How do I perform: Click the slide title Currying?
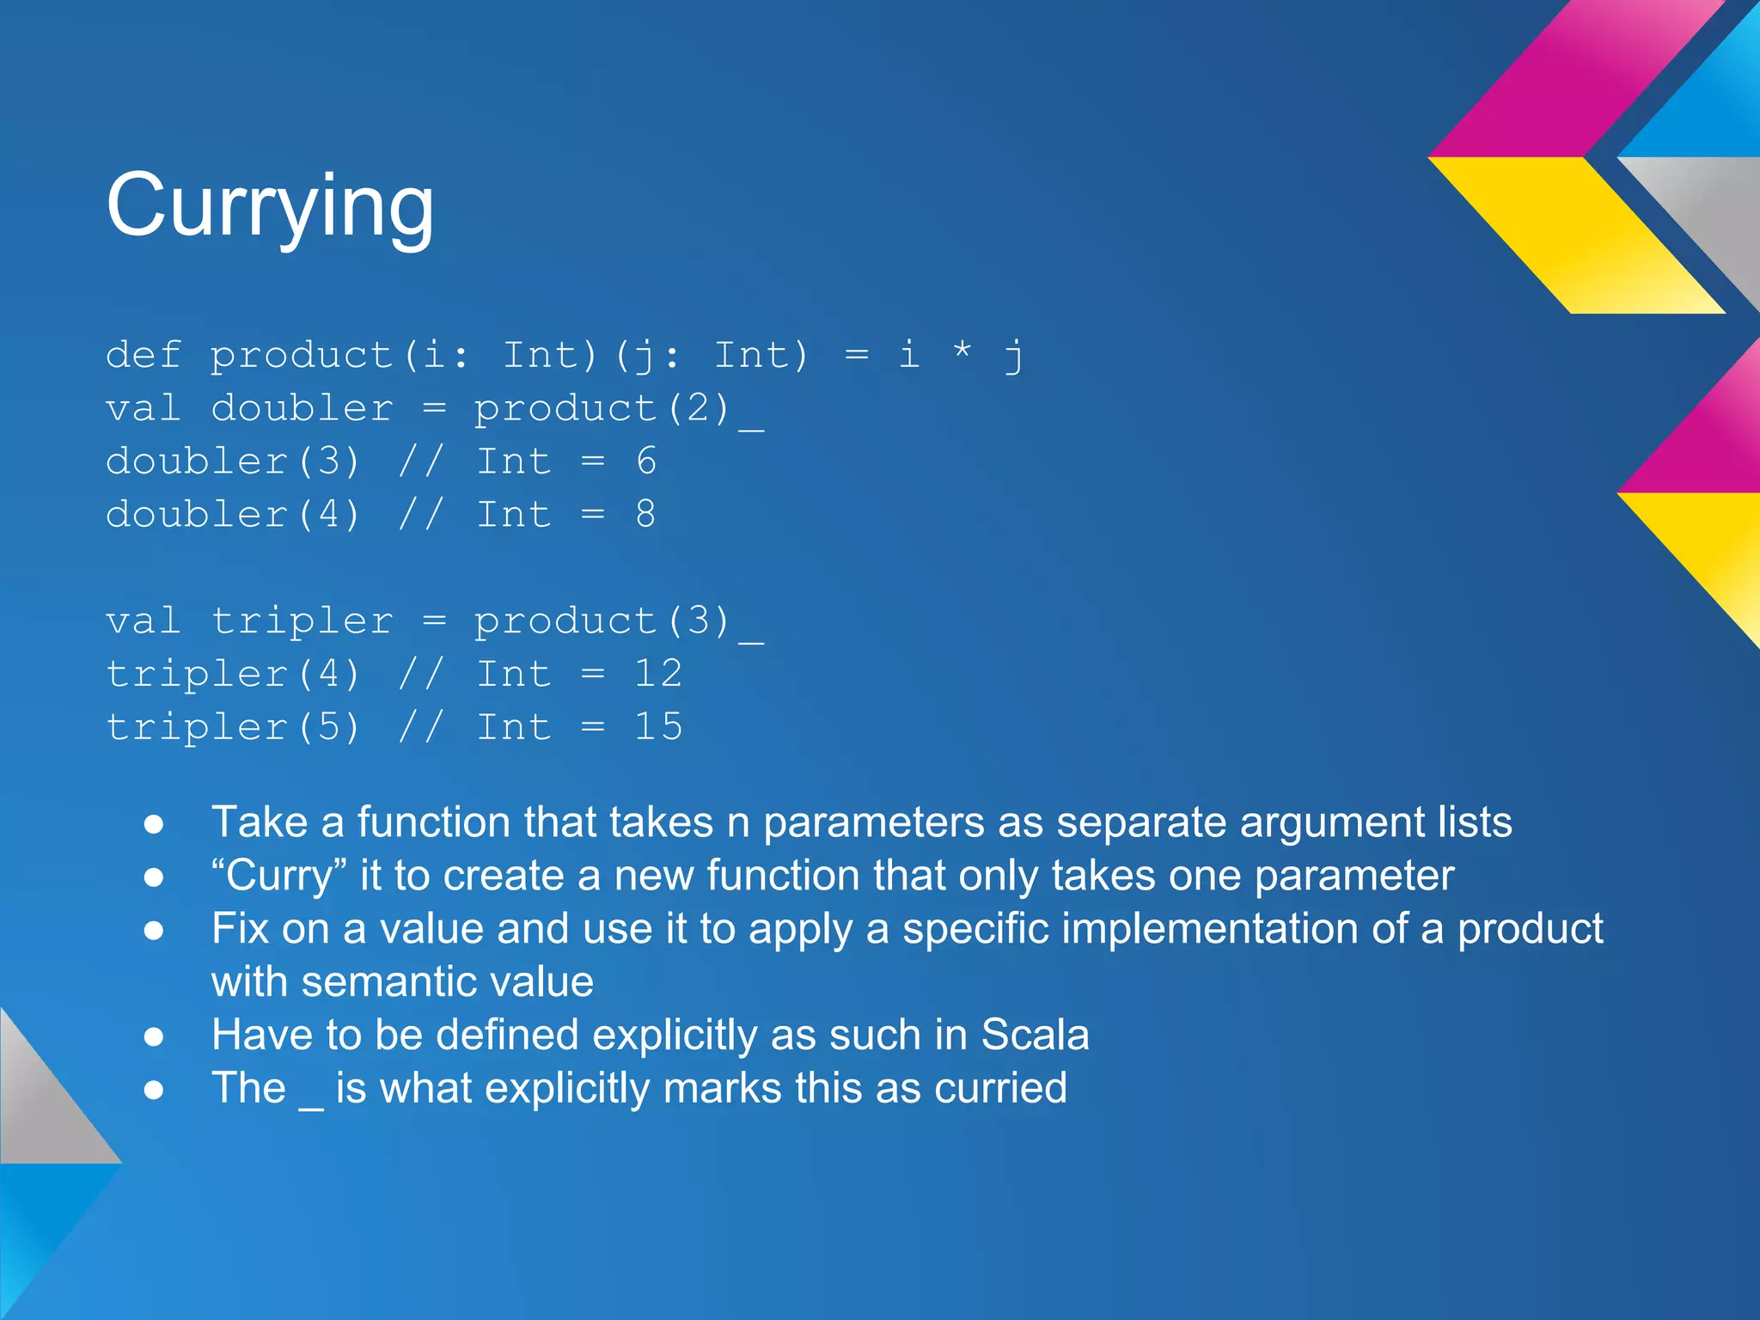[x=270, y=206]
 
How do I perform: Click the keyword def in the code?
[x=144, y=355]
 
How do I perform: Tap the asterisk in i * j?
[x=962, y=351]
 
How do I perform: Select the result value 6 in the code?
[x=646, y=461]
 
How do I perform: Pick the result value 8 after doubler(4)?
[x=646, y=515]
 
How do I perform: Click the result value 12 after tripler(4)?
[x=658, y=674]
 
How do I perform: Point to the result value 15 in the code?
[x=658, y=727]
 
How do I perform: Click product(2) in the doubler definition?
[x=602, y=408]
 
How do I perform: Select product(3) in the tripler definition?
[x=602, y=620]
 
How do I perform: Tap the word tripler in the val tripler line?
[x=302, y=620]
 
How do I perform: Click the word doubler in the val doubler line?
[x=302, y=408]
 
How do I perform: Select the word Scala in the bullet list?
[x=1035, y=1035]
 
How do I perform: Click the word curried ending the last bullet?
[x=1000, y=1089]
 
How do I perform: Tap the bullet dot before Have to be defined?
[x=154, y=1037]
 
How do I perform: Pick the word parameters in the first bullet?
[x=873, y=822]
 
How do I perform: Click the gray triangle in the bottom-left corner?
[x=43, y=1109]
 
